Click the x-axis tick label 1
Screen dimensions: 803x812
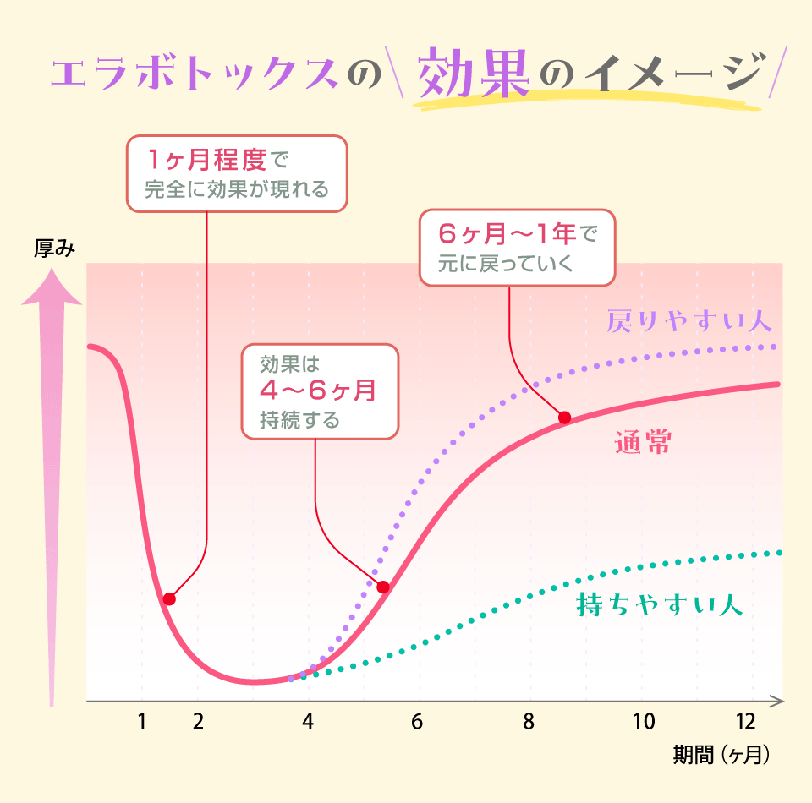tap(142, 722)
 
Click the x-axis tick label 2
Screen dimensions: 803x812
tap(198, 722)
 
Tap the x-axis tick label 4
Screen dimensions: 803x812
tap(308, 722)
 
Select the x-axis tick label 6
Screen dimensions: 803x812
tap(416, 722)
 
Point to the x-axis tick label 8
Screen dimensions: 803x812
tap(529, 722)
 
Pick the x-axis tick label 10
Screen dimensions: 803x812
tap(645, 722)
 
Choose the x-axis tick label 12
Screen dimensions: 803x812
tap(745, 722)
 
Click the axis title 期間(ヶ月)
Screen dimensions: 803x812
tap(721, 755)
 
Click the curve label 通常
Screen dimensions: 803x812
tap(644, 443)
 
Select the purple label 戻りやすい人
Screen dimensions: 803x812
tap(689, 321)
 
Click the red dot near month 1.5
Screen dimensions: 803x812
tap(169, 599)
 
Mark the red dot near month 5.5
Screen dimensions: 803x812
tap(382, 587)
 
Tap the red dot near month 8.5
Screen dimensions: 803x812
tap(564, 417)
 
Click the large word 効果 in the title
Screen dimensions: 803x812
tap(475, 74)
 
